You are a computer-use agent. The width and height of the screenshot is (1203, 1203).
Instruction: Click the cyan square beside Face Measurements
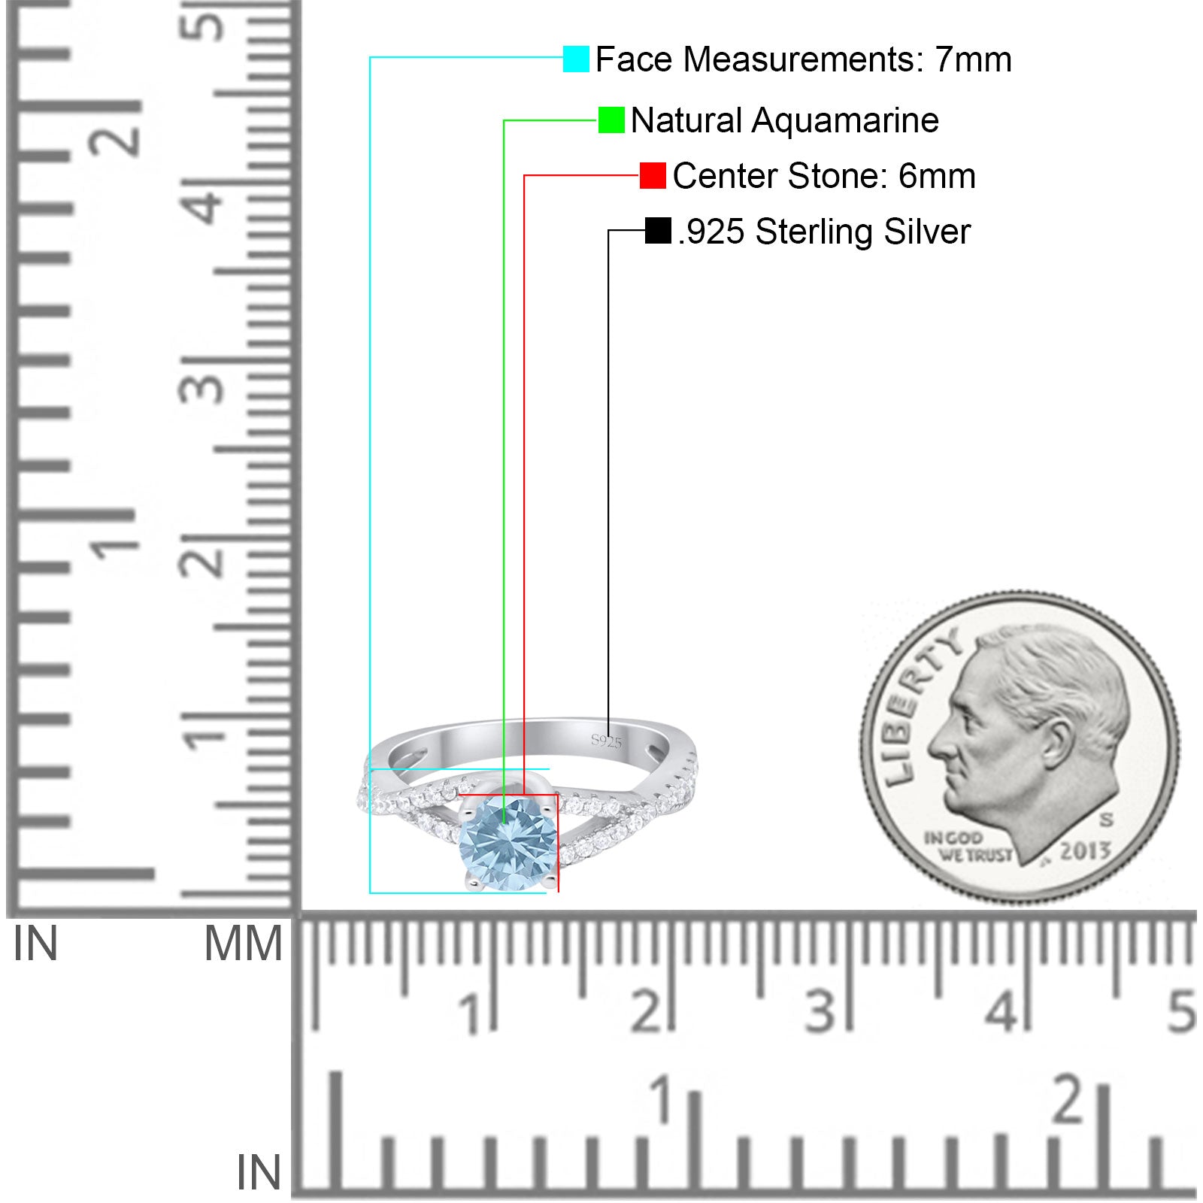576,59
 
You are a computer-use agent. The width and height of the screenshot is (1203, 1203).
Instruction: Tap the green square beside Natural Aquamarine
611,120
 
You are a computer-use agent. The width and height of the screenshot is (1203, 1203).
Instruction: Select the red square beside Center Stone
653,175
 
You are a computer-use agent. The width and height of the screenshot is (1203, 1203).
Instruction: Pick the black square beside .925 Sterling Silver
658,231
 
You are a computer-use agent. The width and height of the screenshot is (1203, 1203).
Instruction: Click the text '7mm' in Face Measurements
973,59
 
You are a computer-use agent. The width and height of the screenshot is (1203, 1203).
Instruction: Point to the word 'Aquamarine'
845,120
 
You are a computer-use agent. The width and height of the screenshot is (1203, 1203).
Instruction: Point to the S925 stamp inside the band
606,742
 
